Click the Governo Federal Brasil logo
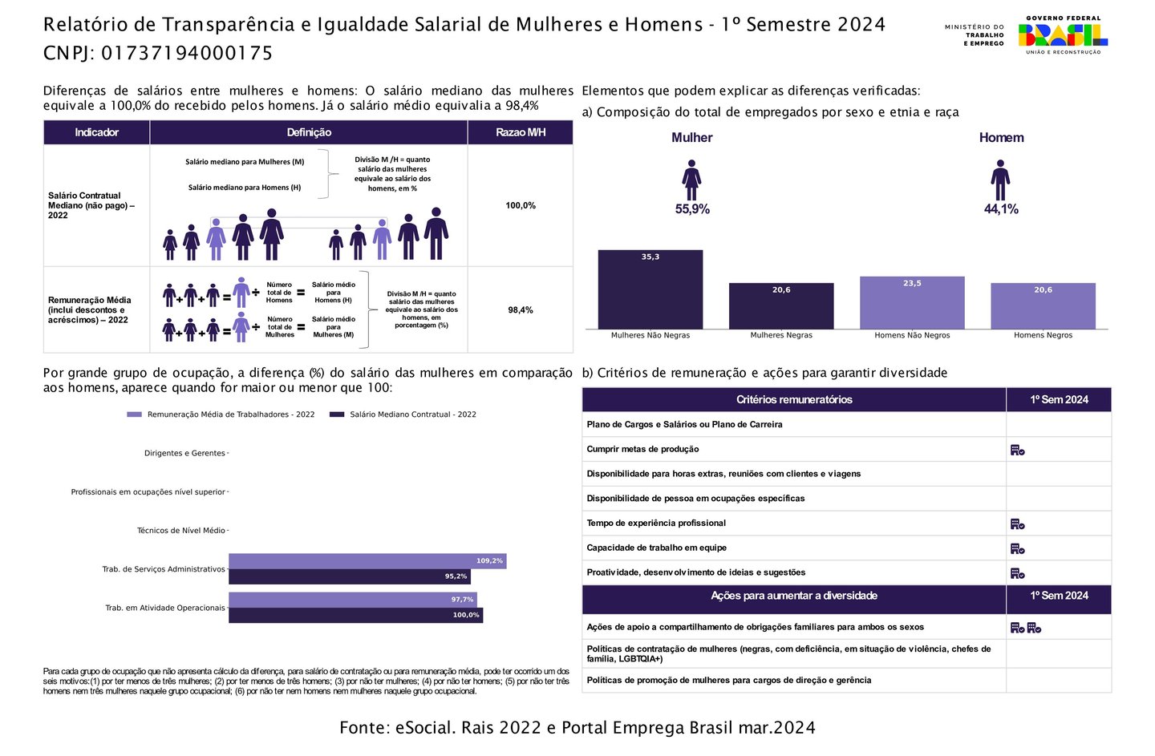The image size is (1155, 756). (1063, 35)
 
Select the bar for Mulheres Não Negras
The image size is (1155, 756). (650, 289)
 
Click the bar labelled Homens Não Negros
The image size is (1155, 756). (912, 303)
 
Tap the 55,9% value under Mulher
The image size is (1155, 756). (692, 209)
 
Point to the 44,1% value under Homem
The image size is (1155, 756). (1001, 209)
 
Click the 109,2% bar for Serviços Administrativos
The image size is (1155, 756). (367, 561)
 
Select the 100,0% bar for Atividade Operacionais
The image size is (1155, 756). (355, 615)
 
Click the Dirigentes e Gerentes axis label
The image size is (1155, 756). (184, 453)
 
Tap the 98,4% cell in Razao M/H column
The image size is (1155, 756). (521, 310)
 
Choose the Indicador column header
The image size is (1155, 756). (96, 132)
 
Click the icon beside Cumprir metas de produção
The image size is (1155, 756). (1017, 451)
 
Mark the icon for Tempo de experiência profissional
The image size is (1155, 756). (1017, 524)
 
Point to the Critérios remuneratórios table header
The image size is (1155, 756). (794, 399)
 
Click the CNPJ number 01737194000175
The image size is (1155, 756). (187, 54)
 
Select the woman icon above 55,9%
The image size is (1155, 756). (691, 180)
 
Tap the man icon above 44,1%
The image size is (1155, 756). (1000, 180)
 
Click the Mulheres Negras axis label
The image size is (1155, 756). (781, 335)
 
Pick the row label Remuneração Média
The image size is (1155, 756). (90, 309)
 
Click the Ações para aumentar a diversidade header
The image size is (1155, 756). (794, 596)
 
